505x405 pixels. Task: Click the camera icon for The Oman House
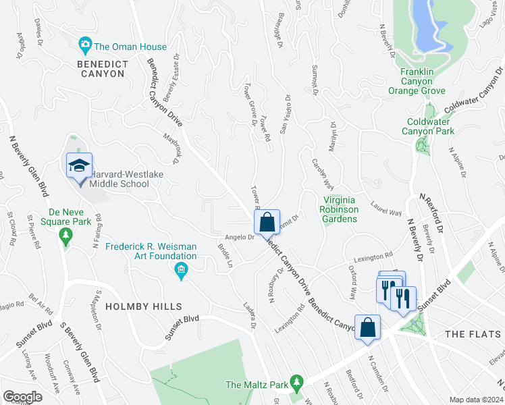click(x=85, y=46)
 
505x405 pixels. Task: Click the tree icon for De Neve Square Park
click(x=65, y=236)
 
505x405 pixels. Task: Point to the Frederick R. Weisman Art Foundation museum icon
click(x=180, y=271)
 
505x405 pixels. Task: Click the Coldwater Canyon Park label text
click(x=430, y=126)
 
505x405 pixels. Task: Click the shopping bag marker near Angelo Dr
click(x=267, y=221)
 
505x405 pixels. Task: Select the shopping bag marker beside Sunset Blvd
click(x=368, y=328)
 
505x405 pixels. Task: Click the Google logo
click(x=22, y=397)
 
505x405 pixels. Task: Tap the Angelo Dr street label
click(x=239, y=236)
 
